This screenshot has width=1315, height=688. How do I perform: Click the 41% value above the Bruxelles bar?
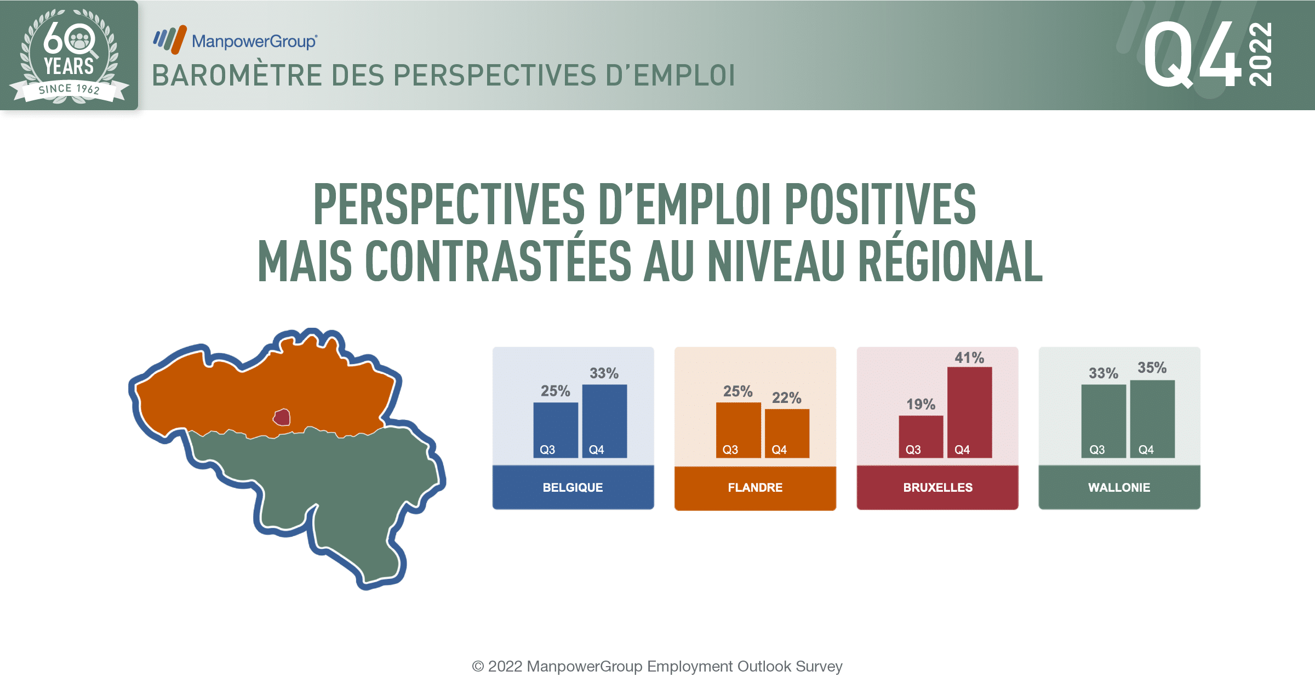(969, 358)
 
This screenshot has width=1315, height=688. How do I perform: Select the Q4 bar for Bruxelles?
(969, 412)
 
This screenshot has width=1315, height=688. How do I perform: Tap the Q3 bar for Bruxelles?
(921, 436)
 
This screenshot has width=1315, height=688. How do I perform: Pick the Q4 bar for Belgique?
(604, 421)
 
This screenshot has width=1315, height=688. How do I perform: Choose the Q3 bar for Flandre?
(738, 430)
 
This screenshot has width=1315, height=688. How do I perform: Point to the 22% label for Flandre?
(787, 398)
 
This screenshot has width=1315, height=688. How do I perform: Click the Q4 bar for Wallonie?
(1152, 419)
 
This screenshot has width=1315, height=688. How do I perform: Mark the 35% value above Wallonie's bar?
(1152, 368)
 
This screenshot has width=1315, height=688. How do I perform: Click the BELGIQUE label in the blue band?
(573, 487)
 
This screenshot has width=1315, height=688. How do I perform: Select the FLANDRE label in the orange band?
(755, 487)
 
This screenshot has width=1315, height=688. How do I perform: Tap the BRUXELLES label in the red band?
(938, 487)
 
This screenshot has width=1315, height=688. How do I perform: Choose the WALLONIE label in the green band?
(1119, 487)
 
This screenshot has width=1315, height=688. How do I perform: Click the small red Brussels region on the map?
(282, 418)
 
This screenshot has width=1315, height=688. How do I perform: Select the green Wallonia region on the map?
(323, 482)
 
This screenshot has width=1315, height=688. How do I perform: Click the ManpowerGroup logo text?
(254, 41)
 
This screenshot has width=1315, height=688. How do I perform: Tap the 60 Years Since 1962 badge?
(69, 55)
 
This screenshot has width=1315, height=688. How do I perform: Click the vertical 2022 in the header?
(1260, 54)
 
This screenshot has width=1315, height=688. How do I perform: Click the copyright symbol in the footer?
(478, 667)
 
